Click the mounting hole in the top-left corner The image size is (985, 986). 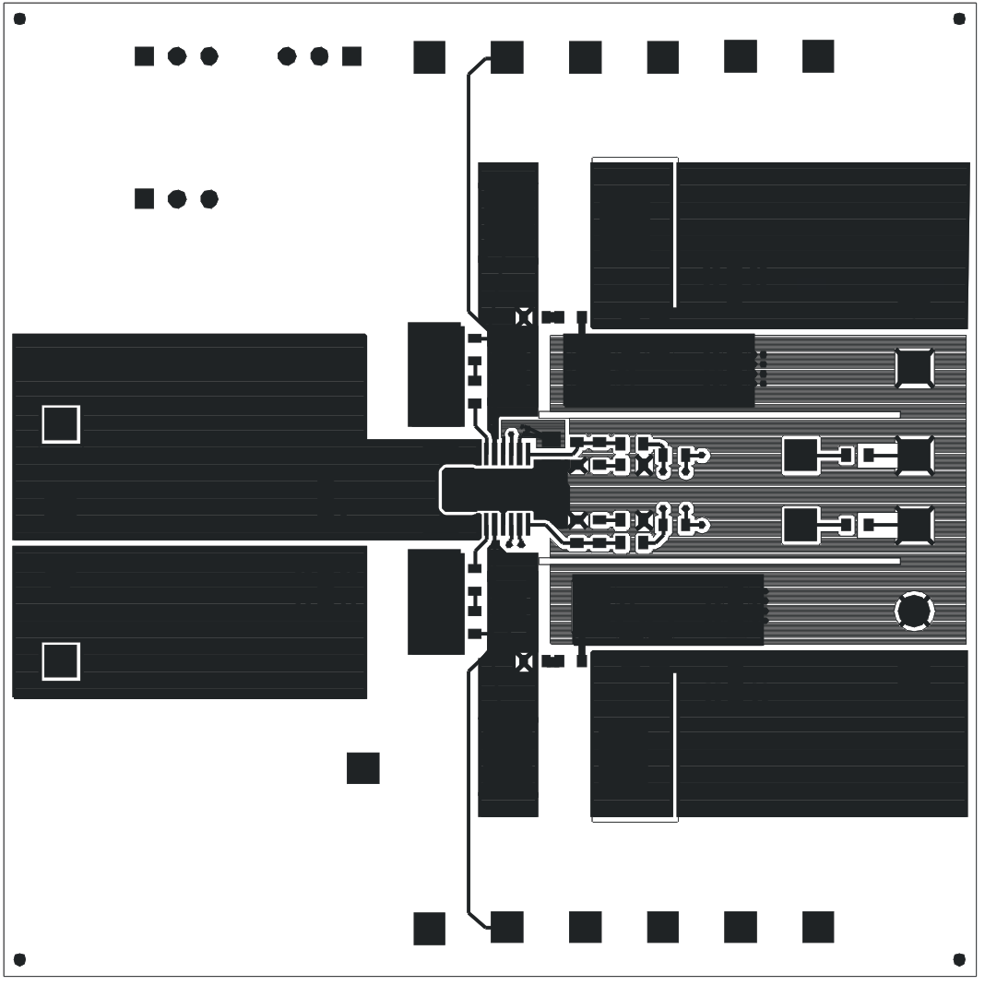[19, 18]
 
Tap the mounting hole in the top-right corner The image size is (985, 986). [959, 18]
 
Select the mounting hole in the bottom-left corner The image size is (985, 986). [19, 959]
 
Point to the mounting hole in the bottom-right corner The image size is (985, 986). [959, 959]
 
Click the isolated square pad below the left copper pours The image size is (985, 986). [362, 767]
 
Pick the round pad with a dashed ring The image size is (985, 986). [914, 611]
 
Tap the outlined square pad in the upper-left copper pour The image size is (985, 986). [61, 424]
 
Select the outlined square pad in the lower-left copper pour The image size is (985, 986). [61, 661]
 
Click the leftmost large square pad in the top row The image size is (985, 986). [429, 57]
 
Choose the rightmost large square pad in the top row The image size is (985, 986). [818, 56]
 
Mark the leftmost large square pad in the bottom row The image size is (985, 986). [429, 928]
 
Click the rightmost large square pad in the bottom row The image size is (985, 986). [818, 927]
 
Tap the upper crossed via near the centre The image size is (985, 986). [524, 317]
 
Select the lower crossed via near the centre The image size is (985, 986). [524, 660]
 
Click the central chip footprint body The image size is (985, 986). [504, 490]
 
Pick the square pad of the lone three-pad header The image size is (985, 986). [144, 198]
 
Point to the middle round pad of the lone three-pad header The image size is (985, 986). [177, 198]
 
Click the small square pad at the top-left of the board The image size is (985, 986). [144, 56]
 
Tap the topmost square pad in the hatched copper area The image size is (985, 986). [914, 368]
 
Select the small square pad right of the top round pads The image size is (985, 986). [351, 56]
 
